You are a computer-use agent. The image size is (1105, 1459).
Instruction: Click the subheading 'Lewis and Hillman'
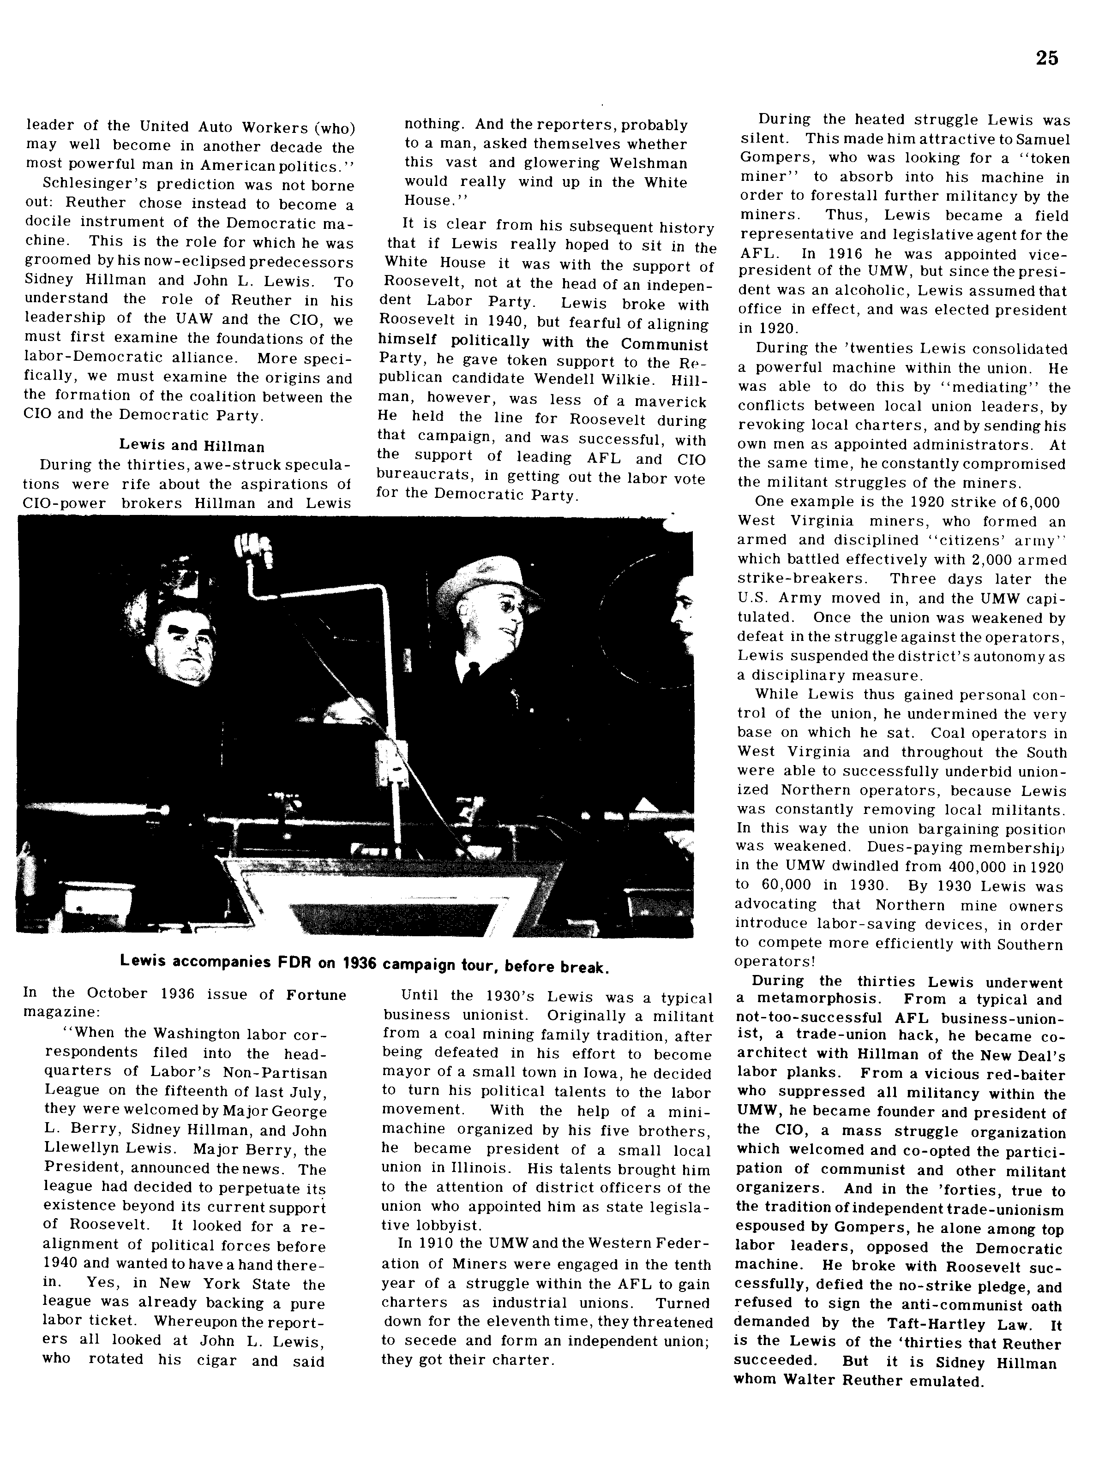tap(191, 447)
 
